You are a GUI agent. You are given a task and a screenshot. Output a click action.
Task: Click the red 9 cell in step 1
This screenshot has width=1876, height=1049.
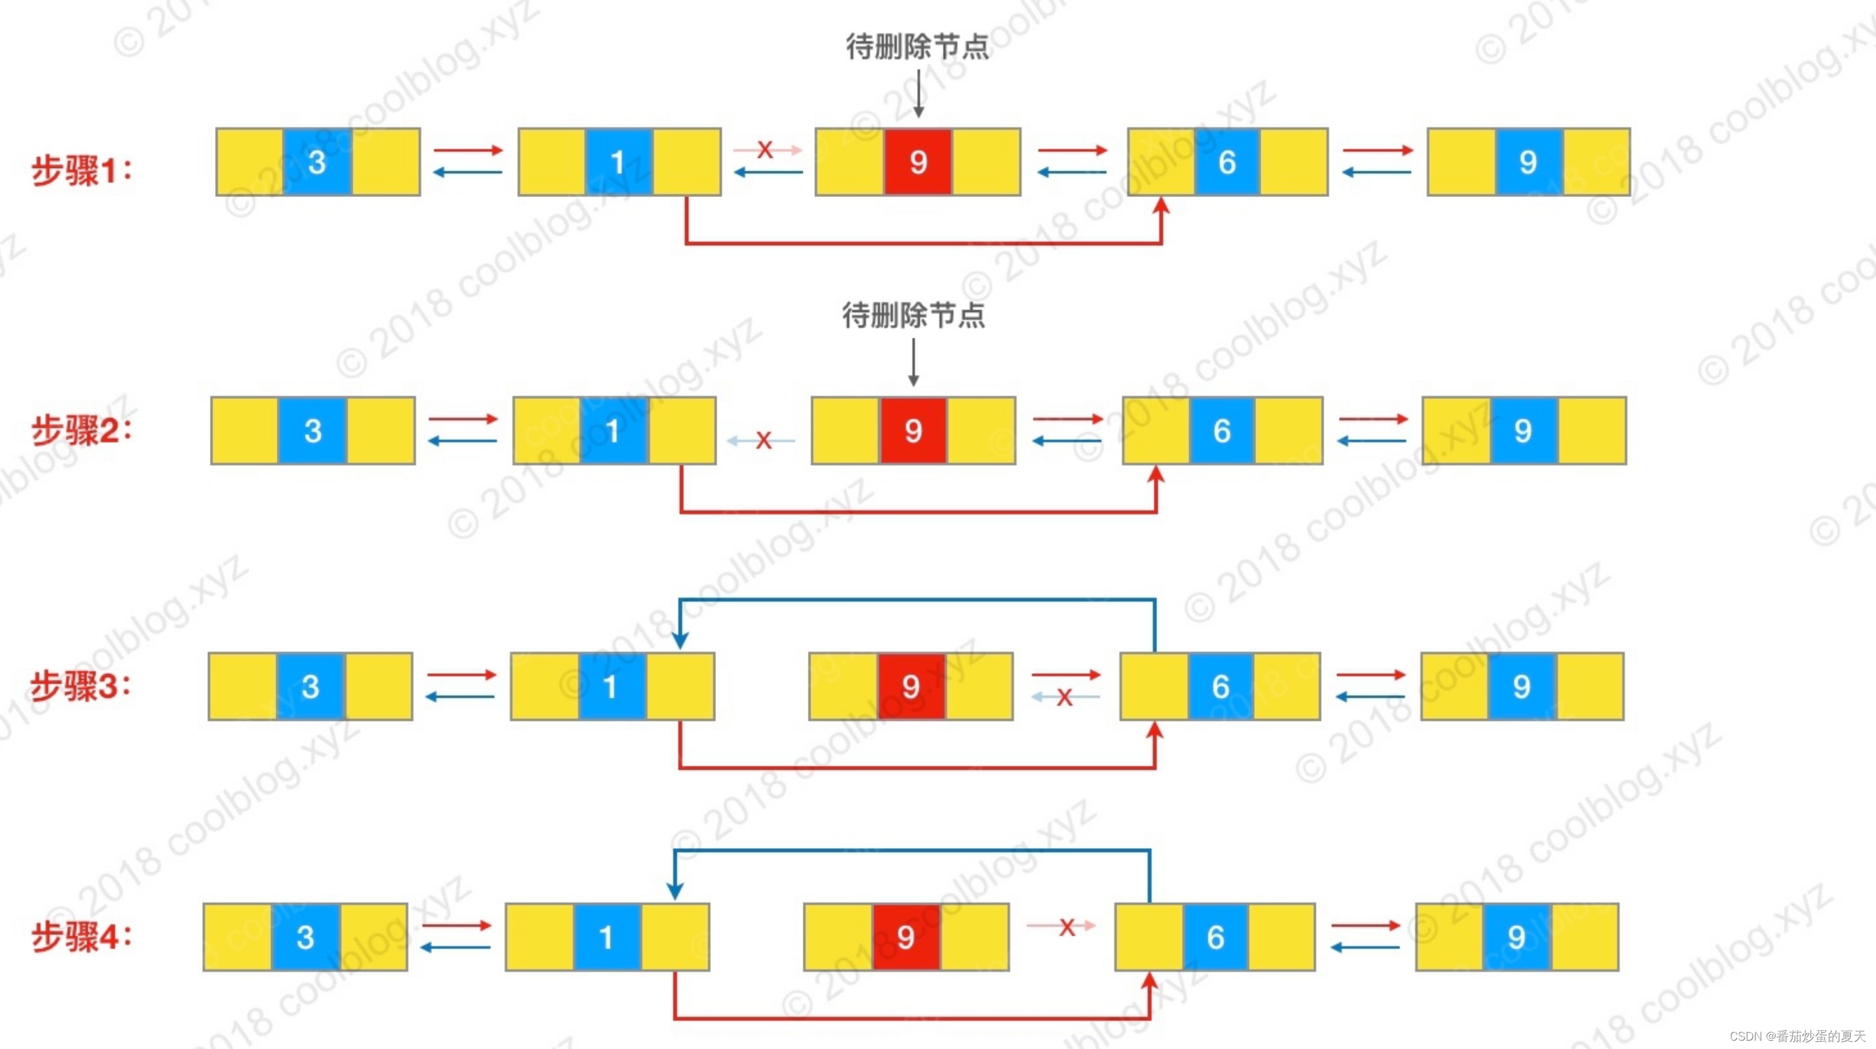pos(917,162)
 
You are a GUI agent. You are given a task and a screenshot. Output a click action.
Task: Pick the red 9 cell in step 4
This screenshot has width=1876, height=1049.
pos(906,938)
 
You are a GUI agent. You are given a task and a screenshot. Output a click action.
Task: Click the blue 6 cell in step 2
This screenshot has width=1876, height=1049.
pos(1222,431)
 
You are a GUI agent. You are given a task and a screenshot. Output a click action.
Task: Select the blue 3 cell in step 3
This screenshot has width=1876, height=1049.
pos(310,687)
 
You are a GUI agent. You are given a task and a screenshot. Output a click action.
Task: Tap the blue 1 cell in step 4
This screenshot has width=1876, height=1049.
pos(606,938)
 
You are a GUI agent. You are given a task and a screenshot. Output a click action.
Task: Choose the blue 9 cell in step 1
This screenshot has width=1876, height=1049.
pos(1528,162)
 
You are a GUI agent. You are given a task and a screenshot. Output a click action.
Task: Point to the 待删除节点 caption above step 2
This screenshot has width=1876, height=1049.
pos(914,316)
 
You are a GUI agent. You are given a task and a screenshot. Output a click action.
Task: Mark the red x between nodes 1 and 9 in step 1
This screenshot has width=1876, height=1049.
pos(765,150)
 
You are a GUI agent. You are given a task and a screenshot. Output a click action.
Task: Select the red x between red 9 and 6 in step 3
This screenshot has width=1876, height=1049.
pos(1065,698)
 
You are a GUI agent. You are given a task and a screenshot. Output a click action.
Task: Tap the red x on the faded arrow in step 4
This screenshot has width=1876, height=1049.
pos(1067,927)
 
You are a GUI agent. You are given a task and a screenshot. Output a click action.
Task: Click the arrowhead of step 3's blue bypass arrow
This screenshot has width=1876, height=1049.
pos(679,640)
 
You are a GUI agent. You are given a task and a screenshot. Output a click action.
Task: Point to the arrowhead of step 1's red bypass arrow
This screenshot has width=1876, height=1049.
pos(1161,205)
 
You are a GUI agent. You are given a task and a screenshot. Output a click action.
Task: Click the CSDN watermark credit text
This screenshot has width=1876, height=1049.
pos(1797,1036)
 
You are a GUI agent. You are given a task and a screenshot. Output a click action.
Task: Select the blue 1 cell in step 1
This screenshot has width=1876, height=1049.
pos(618,162)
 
